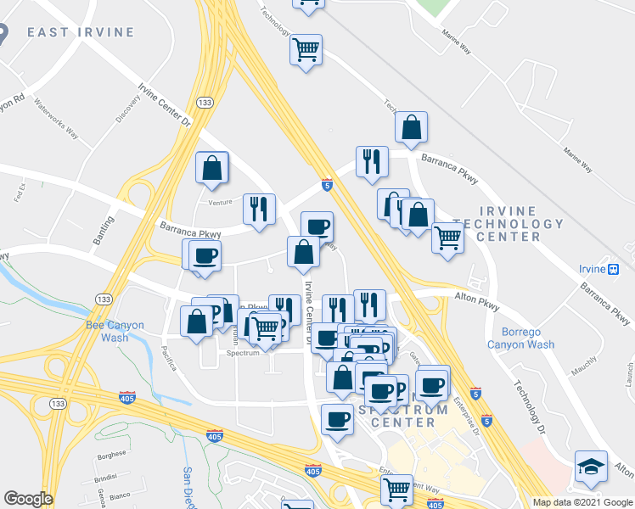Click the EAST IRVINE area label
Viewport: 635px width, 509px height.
(x=80, y=32)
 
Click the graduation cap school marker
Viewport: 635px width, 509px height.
(x=591, y=467)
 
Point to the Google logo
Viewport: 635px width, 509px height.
(x=28, y=498)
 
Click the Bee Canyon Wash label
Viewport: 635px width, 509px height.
(x=115, y=331)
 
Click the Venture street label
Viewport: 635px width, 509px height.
(x=220, y=203)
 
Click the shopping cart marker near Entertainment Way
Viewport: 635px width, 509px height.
(x=397, y=489)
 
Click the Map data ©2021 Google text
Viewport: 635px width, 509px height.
(x=582, y=502)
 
